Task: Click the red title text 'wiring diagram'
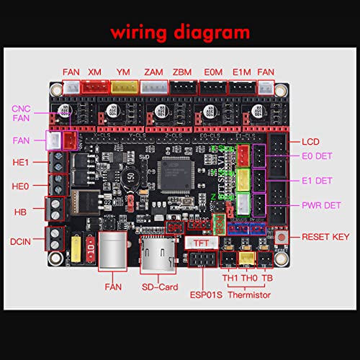[180, 32]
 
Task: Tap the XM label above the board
[95, 72]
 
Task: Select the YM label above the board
[123, 72]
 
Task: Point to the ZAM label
[153, 72]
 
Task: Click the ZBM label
[183, 72]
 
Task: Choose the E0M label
[212, 72]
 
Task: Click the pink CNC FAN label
[22, 114]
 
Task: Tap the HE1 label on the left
[21, 163]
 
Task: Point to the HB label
[21, 212]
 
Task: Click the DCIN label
[21, 240]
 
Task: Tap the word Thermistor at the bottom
[250, 294]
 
